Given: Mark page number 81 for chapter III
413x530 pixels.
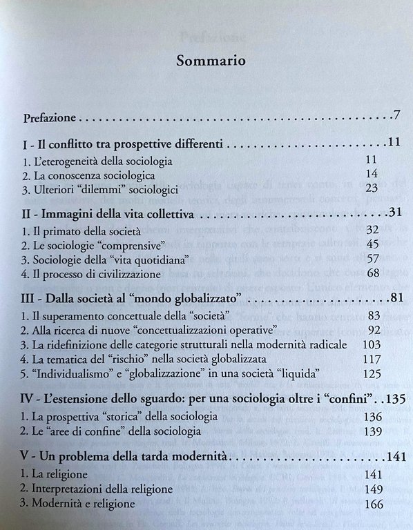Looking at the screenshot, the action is pos(394,300).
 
